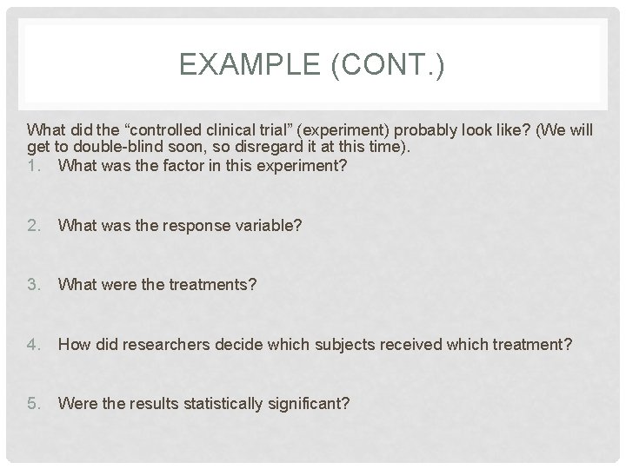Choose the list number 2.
34,225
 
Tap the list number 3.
34,284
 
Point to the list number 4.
34,344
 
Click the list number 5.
34,403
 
